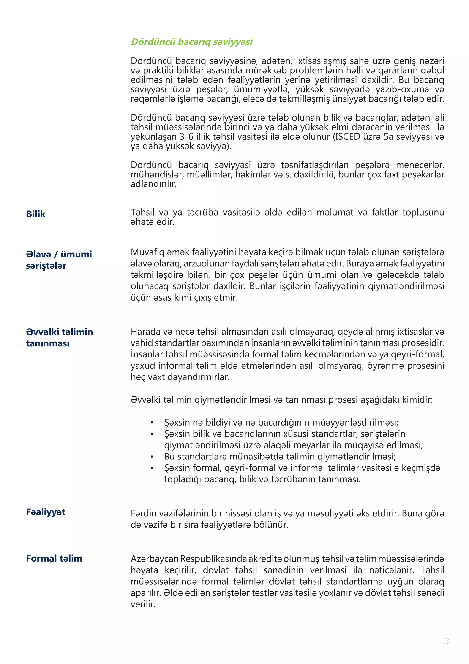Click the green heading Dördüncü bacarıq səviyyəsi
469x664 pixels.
pyautogui.click(x=192, y=42)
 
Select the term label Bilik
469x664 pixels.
pyautogui.click(x=36, y=214)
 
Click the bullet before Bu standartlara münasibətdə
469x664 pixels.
pyautogui.click(x=152, y=457)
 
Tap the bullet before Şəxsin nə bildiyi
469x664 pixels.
pyautogui.click(x=152, y=423)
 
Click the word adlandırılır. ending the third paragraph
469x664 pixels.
pyautogui.click(x=153, y=184)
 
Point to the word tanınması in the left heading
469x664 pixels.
pyautogui.click(x=48, y=343)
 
